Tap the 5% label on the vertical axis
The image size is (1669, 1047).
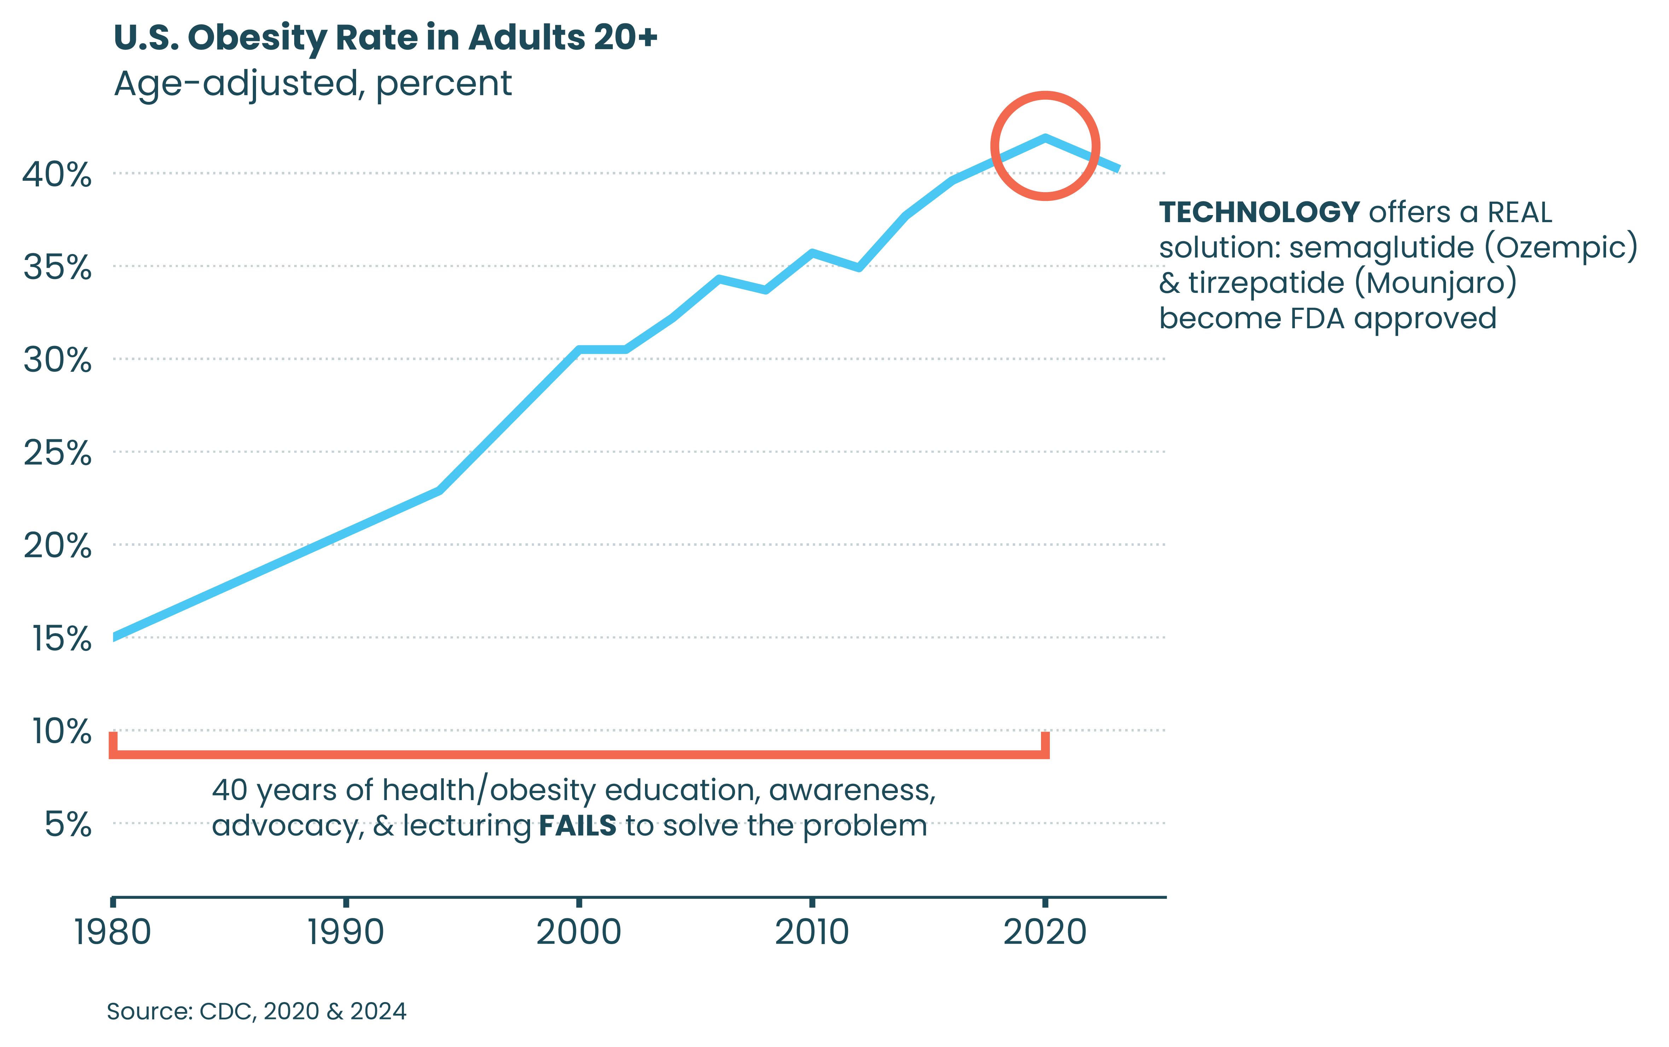68,825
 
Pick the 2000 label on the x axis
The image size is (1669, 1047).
579,932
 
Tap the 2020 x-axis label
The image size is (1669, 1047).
1045,932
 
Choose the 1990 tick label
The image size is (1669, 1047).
345,932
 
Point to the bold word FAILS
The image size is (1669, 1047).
577,826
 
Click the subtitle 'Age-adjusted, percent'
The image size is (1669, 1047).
313,84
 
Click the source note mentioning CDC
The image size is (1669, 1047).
256,1012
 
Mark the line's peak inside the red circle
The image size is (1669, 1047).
1045,138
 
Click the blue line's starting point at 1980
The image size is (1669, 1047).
114,637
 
